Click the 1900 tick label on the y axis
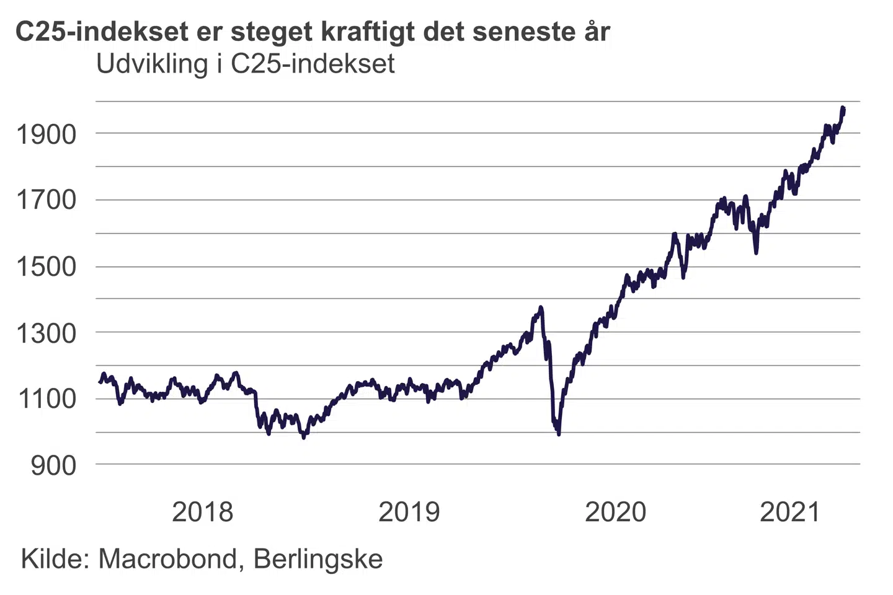(x=46, y=134)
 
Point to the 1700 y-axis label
(x=46, y=200)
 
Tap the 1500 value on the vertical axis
(x=46, y=267)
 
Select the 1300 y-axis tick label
(x=46, y=333)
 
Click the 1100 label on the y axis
(x=46, y=399)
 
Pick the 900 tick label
(x=53, y=465)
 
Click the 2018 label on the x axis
(x=202, y=512)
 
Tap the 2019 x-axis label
(x=409, y=512)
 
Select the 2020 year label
(x=615, y=512)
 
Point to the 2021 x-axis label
(x=790, y=512)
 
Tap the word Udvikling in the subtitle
(x=152, y=64)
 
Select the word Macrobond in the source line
(x=168, y=559)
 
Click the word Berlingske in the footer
(x=318, y=559)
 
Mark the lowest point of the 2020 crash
(x=559, y=434)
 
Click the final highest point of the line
(x=843, y=108)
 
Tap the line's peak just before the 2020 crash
(x=541, y=307)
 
